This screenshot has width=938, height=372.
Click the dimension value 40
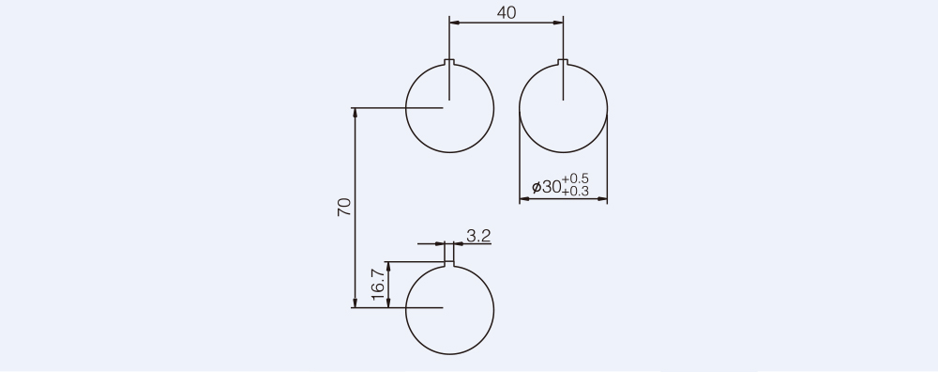tap(507, 12)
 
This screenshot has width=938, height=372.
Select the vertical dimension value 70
tap(344, 207)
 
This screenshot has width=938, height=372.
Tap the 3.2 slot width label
tap(478, 236)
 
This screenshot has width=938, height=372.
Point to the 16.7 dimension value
tap(377, 284)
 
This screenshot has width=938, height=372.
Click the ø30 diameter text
tap(546, 187)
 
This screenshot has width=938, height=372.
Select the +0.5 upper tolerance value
tap(575, 178)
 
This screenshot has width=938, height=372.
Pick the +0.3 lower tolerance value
tap(575, 192)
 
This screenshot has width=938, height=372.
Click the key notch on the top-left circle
tap(449, 62)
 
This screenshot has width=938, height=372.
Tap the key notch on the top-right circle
tap(563, 62)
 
